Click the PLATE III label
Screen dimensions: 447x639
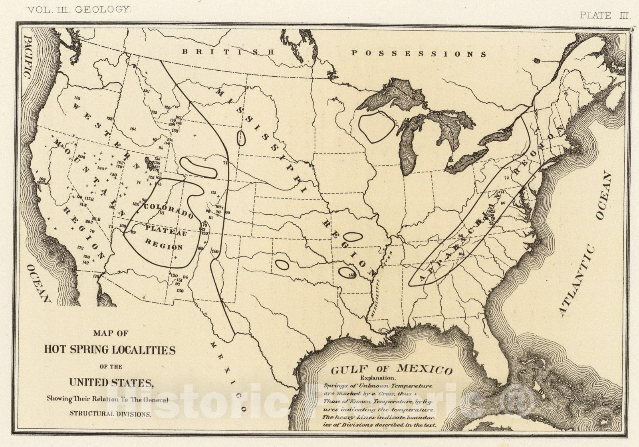coord(605,16)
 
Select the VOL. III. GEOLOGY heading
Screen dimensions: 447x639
coord(79,10)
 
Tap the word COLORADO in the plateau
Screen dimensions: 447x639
coord(169,211)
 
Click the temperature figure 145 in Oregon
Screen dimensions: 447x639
coord(77,98)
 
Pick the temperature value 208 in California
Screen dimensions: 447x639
coord(81,157)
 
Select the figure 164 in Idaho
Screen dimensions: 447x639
coord(133,129)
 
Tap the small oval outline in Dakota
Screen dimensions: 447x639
coord(240,138)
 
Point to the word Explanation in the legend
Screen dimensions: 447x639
coord(378,378)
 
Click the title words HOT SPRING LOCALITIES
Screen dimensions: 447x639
coord(109,350)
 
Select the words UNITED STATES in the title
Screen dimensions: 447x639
coord(111,382)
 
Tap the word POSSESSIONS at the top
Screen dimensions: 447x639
coord(419,53)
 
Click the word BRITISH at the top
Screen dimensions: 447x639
coord(228,51)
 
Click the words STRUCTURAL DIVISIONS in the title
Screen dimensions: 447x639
coord(110,414)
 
